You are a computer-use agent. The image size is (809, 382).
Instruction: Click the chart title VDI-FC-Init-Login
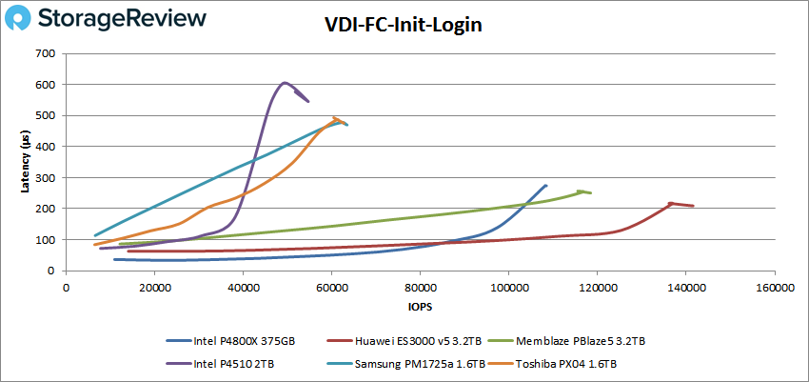click(x=404, y=26)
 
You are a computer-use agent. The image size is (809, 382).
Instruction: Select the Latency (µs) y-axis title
click(x=25, y=162)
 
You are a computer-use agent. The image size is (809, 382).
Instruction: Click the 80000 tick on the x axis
click(x=419, y=287)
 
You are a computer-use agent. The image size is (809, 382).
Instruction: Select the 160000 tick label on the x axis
click(x=773, y=287)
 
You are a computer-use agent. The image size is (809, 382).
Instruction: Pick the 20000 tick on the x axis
click(x=153, y=287)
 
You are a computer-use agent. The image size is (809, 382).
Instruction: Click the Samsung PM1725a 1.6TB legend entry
click(x=406, y=363)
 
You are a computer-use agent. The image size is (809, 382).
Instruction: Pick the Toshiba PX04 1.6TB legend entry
click(x=566, y=363)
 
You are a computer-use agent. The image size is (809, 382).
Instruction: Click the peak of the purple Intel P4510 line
click(x=285, y=83)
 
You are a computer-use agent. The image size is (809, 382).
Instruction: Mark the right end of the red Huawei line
click(x=693, y=206)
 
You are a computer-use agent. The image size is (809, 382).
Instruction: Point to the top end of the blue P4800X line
click(x=545, y=186)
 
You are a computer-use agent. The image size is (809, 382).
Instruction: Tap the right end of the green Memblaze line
click(x=591, y=193)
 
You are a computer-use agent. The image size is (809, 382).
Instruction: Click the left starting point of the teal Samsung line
click(x=94, y=235)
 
